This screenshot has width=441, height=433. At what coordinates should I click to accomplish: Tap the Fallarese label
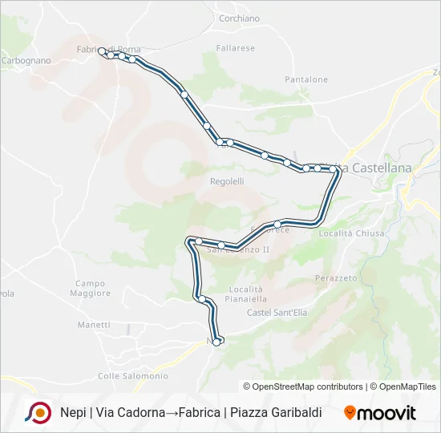pyautogui.click(x=235, y=48)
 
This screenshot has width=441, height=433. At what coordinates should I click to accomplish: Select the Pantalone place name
pyautogui.click(x=306, y=79)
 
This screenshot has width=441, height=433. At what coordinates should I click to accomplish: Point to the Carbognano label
pyautogui.click(x=26, y=60)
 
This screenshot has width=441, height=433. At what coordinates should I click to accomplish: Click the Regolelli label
pyautogui.click(x=227, y=181)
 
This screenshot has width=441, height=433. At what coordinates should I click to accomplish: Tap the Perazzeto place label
pyautogui.click(x=336, y=277)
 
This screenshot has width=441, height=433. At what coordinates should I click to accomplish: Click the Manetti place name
pyautogui.click(x=94, y=325)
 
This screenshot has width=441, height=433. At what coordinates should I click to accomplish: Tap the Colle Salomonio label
pyautogui.click(x=132, y=375)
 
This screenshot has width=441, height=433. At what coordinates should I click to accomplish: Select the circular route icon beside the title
pyautogui.click(x=38, y=412)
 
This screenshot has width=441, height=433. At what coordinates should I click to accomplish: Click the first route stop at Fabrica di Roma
pyautogui.click(x=102, y=51)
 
